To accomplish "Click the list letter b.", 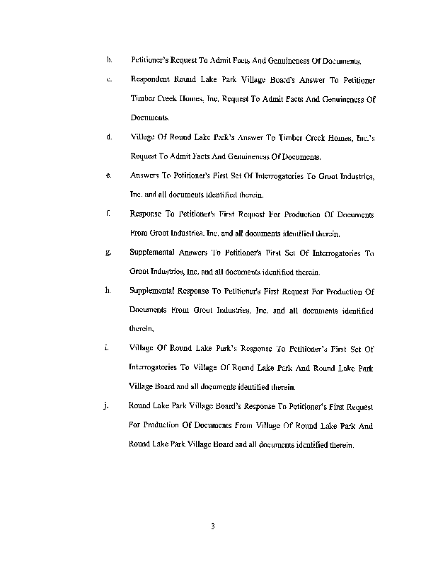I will tap(109, 61).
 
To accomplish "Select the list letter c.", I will tap(109, 80).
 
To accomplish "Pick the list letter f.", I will tap(109, 214).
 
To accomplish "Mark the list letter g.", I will tap(109, 253).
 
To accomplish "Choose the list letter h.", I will tap(109, 291).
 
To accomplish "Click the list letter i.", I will tap(108, 348).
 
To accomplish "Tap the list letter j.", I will tap(108, 406).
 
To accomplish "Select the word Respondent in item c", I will tap(153, 81).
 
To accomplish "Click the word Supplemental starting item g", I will tap(154, 253).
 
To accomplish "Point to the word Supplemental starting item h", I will tap(154, 291).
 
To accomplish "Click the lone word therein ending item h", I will tap(141, 329).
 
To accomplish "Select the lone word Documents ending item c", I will tap(149, 118).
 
